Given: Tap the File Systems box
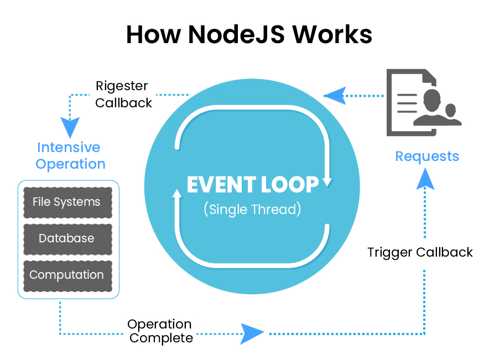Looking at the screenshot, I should click(x=67, y=202).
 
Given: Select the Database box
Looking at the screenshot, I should click(x=67, y=239).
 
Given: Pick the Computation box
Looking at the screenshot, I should click(x=67, y=275).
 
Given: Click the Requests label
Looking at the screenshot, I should click(x=427, y=156).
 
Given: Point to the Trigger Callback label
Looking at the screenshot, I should click(x=420, y=253).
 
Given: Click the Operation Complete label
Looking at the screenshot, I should click(x=160, y=331).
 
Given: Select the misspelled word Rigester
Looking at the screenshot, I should click(x=122, y=86).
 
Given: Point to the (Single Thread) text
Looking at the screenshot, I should click(x=252, y=210).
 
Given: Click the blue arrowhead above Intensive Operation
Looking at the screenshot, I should click(x=70, y=127).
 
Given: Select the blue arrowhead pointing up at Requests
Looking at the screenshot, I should click(x=425, y=178).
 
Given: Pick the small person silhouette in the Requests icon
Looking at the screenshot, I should click(x=451, y=114).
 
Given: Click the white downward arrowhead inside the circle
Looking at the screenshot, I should click(x=327, y=181).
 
